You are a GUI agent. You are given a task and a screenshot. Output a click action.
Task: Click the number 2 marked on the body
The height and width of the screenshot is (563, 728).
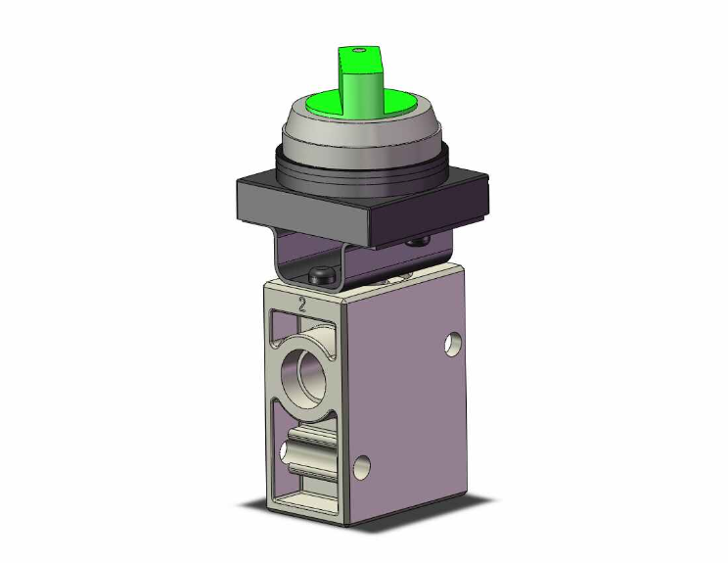pos(303,305)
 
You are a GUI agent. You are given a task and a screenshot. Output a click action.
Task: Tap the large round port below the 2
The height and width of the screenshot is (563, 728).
pos(303,371)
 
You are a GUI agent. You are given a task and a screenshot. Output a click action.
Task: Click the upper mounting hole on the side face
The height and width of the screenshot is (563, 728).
pos(452,345)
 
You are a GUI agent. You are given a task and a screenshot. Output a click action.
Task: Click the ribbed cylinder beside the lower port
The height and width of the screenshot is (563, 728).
pos(313,453)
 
